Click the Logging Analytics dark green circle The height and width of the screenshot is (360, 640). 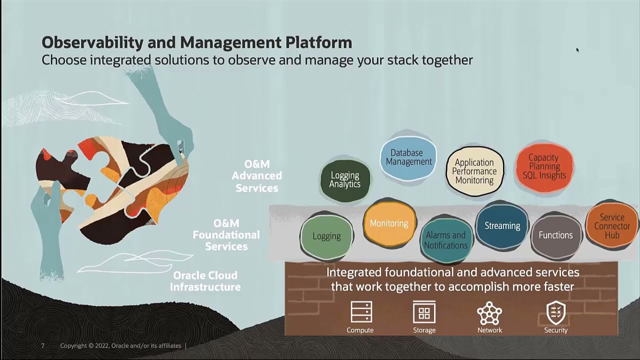tap(345, 180)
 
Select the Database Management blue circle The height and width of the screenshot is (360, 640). tap(408, 157)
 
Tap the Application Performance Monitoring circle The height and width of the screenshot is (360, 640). tap(474, 171)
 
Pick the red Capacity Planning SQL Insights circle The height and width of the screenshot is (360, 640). tap(544, 167)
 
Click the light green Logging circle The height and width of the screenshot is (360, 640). tap(326, 236)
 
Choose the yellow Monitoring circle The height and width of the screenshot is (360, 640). tap(389, 223)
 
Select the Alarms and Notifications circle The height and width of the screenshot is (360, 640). tap(445, 240)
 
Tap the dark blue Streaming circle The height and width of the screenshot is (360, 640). tap(502, 226)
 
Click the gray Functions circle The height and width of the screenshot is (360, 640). tap(555, 235)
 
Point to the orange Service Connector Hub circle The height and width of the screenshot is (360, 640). tap(612, 226)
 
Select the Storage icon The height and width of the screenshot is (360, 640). tap(424, 312)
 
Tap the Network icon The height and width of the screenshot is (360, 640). tap(489, 313)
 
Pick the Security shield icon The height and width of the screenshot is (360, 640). tap(555, 312)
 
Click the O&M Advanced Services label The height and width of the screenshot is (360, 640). tap(257, 176)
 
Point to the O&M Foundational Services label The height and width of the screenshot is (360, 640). tap(226, 234)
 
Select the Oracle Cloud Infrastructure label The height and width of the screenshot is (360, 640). tap(205, 281)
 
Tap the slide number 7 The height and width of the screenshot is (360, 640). tap(43, 345)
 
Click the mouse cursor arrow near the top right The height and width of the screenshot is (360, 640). tap(577, 49)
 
